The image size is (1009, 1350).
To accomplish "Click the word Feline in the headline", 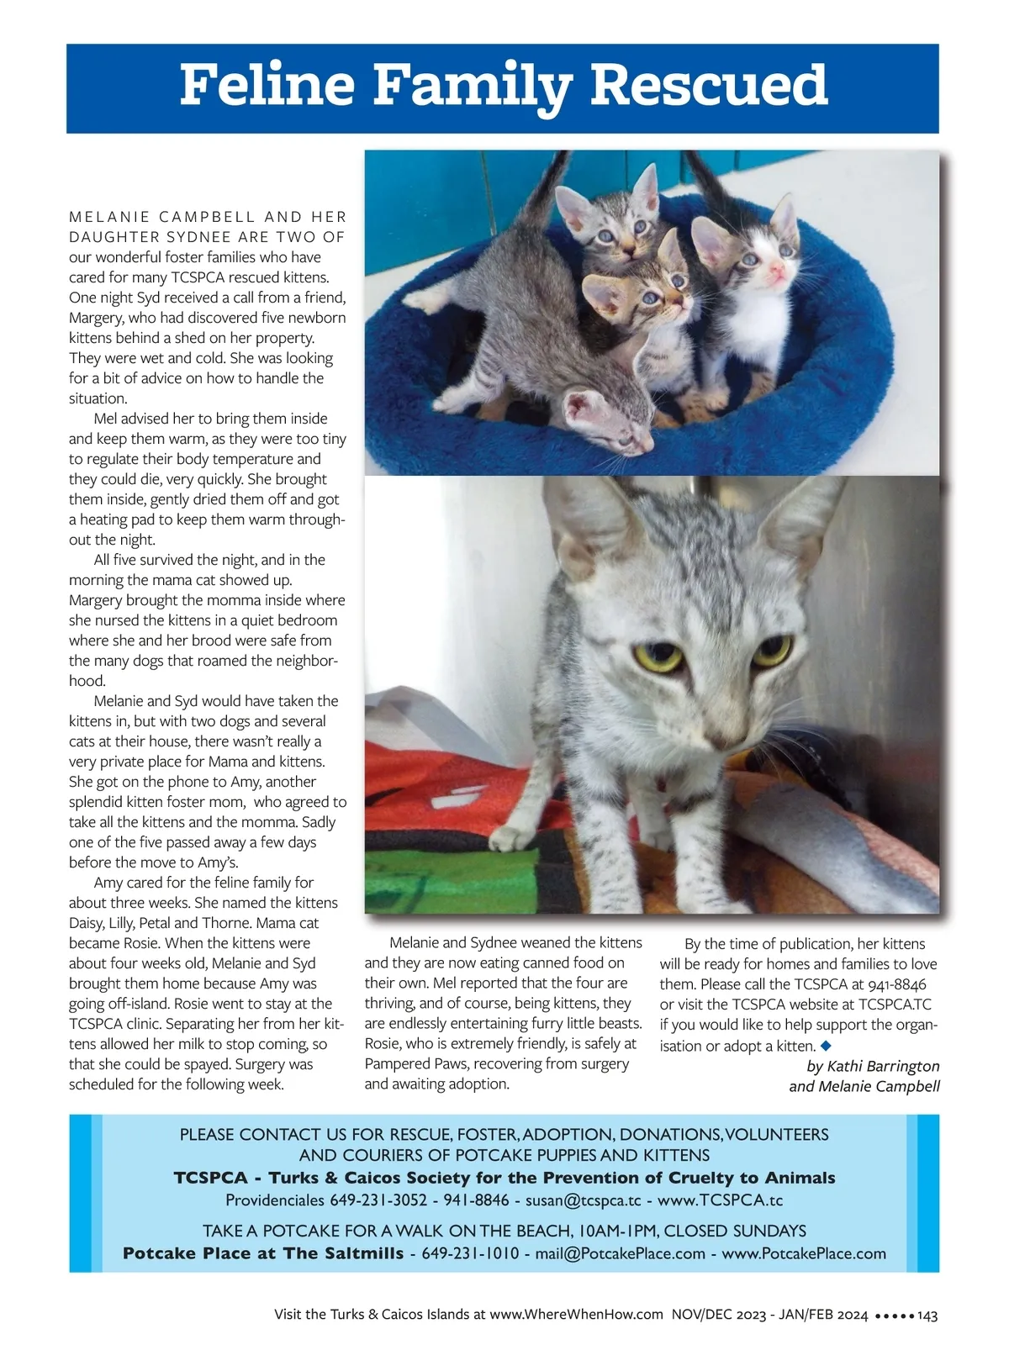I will click(269, 86).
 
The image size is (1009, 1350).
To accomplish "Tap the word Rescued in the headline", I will click(709, 86).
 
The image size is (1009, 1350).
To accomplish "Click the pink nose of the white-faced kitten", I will click(776, 272).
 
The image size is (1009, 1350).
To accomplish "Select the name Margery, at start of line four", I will click(96, 318).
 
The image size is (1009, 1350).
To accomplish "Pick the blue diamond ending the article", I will click(825, 1046).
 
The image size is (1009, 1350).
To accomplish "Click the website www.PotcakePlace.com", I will click(804, 1254).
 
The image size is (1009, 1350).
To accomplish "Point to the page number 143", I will click(927, 1315).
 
